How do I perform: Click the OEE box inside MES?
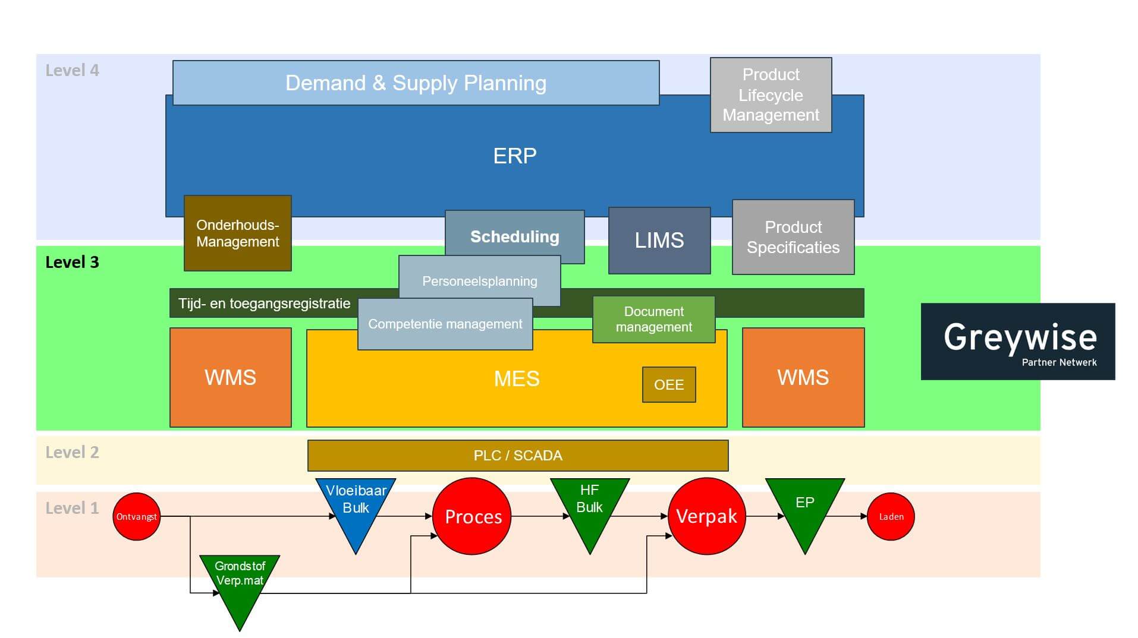(x=668, y=384)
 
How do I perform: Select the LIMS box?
(x=659, y=240)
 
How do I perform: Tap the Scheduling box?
(x=514, y=236)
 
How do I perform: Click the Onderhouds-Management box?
(x=237, y=233)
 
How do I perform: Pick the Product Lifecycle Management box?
(x=771, y=94)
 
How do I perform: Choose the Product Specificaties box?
(x=793, y=237)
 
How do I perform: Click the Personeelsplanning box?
(x=479, y=280)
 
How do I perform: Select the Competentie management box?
(x=445, y=324)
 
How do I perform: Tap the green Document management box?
(x=653, y=319)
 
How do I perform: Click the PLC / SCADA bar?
(x=517, y=456)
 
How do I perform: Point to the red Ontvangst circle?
(x=136, y=516)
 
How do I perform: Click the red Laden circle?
(x=891, y=516)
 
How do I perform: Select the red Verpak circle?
(x=706, y=516)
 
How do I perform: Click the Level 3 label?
(x=72, y=262)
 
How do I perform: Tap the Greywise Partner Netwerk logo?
(x=1017, y=342)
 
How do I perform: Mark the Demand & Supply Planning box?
(x=416, y=83)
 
